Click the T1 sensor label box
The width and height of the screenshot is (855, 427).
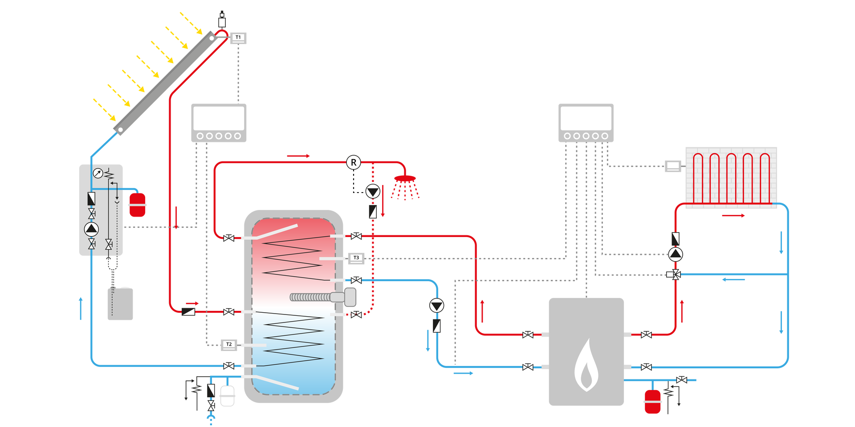click(238, 38)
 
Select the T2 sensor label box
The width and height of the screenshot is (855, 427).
click(229, 344)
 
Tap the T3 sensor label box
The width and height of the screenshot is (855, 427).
click(356, 258)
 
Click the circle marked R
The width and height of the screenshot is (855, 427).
click(354, 162)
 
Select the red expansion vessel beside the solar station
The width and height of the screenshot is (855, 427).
click(137, 205)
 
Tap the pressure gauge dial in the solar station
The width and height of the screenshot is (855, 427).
click(98, 173)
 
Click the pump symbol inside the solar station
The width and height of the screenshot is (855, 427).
click(91, 229)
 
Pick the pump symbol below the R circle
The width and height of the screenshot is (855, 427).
click(373, 192)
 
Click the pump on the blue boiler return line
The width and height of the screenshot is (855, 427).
click(436, 306)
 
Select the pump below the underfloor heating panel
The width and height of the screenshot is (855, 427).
click(676, 254)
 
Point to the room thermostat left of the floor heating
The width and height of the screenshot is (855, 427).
click(672, 166)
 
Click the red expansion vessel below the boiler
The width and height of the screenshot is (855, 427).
click(652, 402)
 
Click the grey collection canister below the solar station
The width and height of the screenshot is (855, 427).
click(120, 303)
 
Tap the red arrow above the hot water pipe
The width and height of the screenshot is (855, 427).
click(298, 156)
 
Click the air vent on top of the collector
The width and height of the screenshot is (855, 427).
click(222, 20)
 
